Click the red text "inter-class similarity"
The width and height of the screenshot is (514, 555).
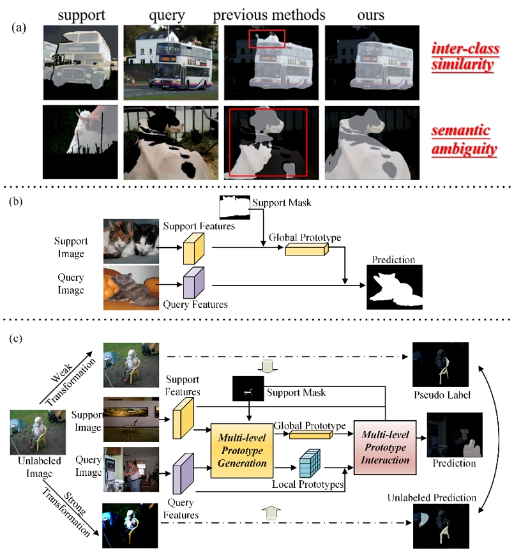tap(464, 56)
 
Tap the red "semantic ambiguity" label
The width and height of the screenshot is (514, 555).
tap(464, 141)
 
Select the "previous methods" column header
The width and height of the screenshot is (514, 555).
tap(269, 13)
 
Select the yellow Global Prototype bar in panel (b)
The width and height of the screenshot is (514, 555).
tap(305, 251)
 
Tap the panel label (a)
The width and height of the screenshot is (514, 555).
tap(20, 29)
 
